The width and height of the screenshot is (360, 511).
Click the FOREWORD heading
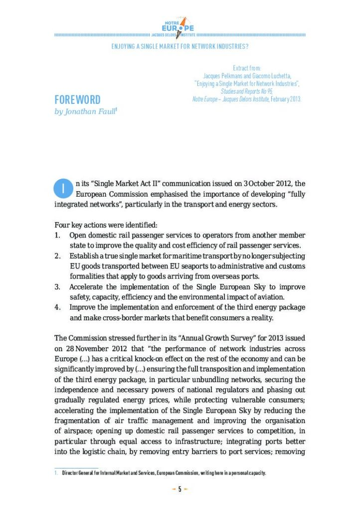point(77,100)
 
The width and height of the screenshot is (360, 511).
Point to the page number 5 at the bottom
point(180,490)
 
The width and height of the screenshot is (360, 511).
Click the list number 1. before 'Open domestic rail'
point(58,236)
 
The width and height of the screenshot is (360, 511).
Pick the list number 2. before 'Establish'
point(58,256)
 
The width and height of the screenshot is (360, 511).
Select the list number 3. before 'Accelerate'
point(58,287)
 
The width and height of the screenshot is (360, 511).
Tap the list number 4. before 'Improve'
point(58,307)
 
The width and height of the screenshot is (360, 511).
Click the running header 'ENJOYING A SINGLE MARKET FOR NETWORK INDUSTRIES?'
point(180,47)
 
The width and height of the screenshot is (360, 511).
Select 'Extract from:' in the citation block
point(247,68)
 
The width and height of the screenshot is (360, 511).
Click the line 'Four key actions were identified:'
point(106,226)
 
